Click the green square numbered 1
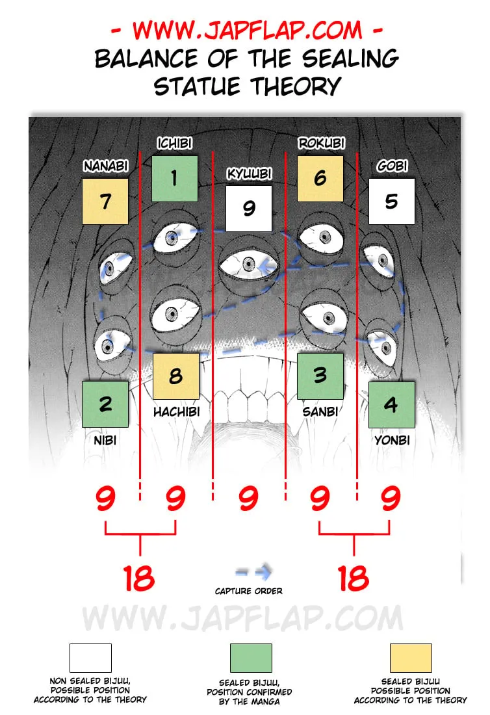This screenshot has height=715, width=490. click(175, 179)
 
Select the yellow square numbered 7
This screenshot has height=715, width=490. click(105, 201)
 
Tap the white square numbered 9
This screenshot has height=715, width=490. click(249, 209)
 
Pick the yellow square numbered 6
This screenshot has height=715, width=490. click(320, 179)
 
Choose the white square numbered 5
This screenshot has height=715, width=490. click(391, 201)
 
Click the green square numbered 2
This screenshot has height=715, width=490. click(105, 404)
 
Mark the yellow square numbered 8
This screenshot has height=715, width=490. click(176, 376)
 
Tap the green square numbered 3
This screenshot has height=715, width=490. click(320, 376)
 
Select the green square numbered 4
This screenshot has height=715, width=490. click(391, 404)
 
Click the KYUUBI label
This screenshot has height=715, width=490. click(250, 174)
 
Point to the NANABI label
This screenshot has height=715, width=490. click(106, 166)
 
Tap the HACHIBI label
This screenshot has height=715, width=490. click(176, 411)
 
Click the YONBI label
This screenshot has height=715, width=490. click(392, 440)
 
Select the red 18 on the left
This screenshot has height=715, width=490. click(139, 578)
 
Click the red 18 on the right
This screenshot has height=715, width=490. click(354, 578)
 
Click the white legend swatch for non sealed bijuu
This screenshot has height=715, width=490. click(90, 658)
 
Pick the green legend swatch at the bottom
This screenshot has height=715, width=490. click(251, 658)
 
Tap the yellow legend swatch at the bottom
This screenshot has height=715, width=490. click(411, 658)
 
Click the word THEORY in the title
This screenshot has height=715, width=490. click(296, 86)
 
